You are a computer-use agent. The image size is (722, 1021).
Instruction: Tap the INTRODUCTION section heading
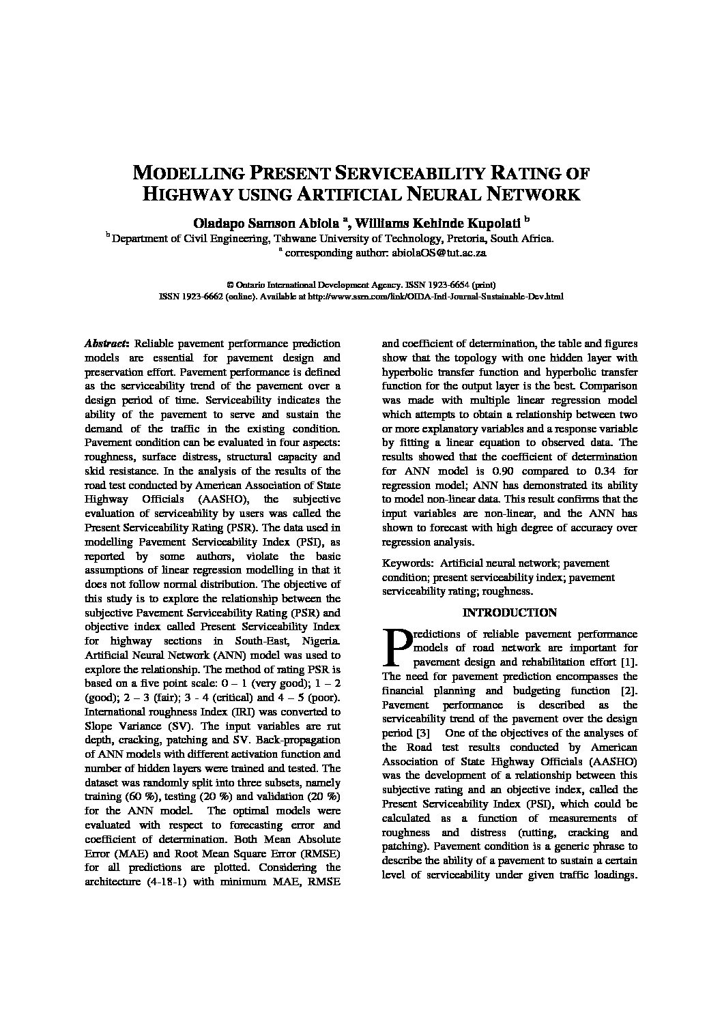[x=509, y=612]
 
